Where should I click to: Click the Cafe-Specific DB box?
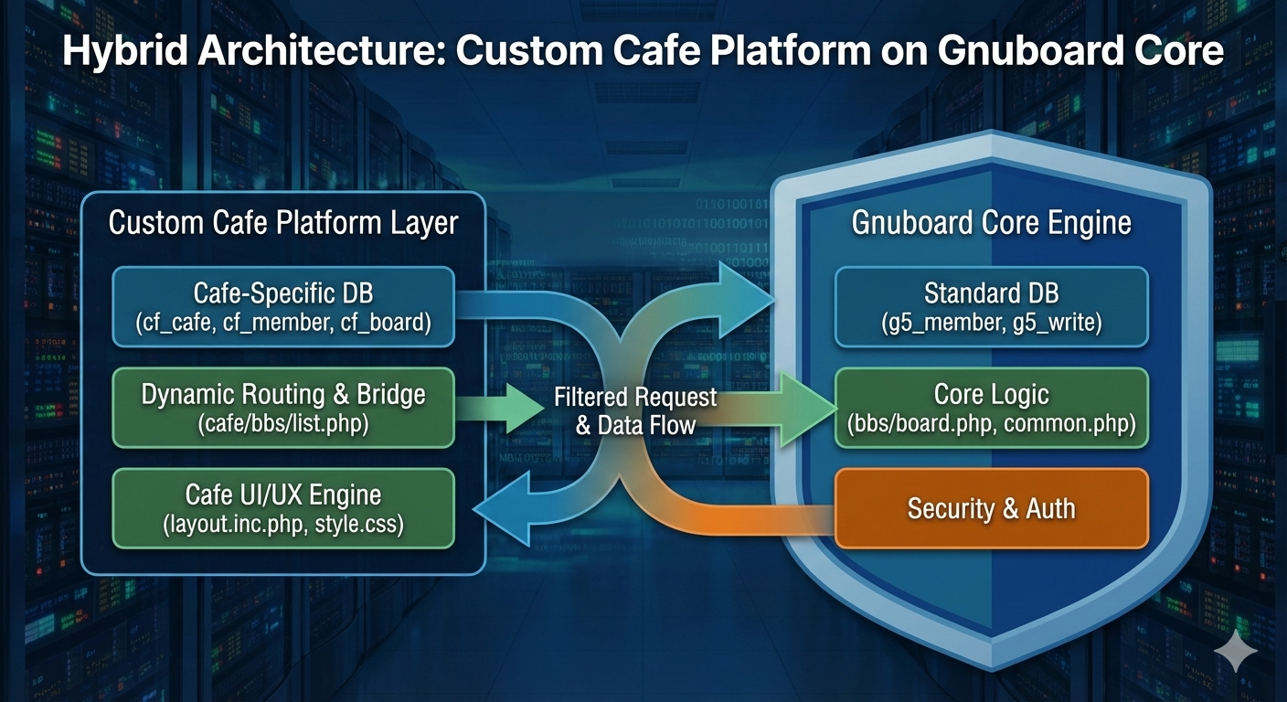pos(283,306)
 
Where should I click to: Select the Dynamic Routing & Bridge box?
pos(283,407)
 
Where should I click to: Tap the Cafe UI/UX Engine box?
pos(283,507)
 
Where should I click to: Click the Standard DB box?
pos(992,306)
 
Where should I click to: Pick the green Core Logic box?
pos(992,407)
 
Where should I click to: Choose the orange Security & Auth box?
pos(992,508)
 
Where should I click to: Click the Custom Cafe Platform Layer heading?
pos(283,222)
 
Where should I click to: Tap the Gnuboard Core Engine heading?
pos(992,222)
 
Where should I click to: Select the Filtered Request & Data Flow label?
pos(635,410)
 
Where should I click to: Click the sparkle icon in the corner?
pos(1236,650)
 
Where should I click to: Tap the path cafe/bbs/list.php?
pos(283,424)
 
